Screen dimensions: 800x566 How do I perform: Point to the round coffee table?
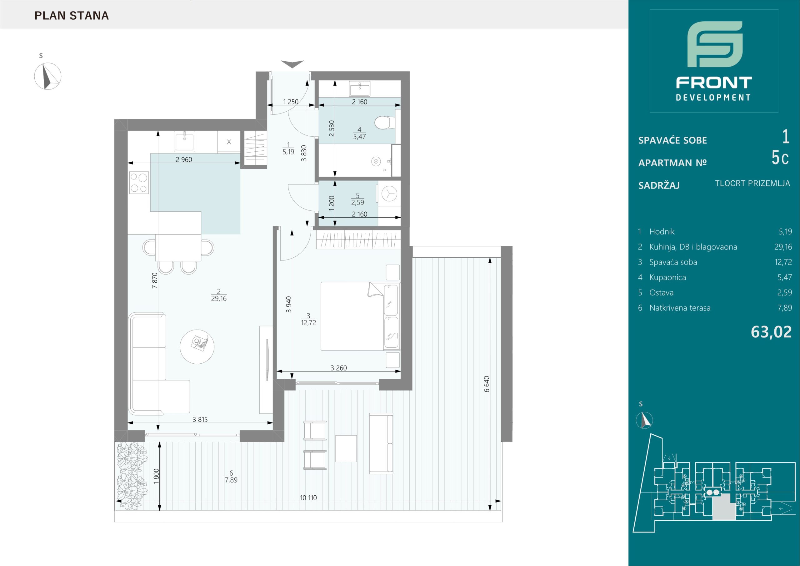pos(197,347)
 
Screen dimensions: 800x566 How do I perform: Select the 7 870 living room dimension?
pos(155,280)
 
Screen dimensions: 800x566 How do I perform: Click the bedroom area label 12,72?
pos(309,323)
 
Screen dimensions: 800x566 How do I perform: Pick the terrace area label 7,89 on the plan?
pos(231,480)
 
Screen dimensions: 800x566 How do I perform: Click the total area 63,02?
pos(771,332)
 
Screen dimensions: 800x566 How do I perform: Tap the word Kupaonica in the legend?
pos(667,278)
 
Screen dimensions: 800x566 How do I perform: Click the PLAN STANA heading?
pos(72,16)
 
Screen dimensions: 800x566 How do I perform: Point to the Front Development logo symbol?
pos(715,49)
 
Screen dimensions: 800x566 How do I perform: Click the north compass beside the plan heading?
pos(48,76)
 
